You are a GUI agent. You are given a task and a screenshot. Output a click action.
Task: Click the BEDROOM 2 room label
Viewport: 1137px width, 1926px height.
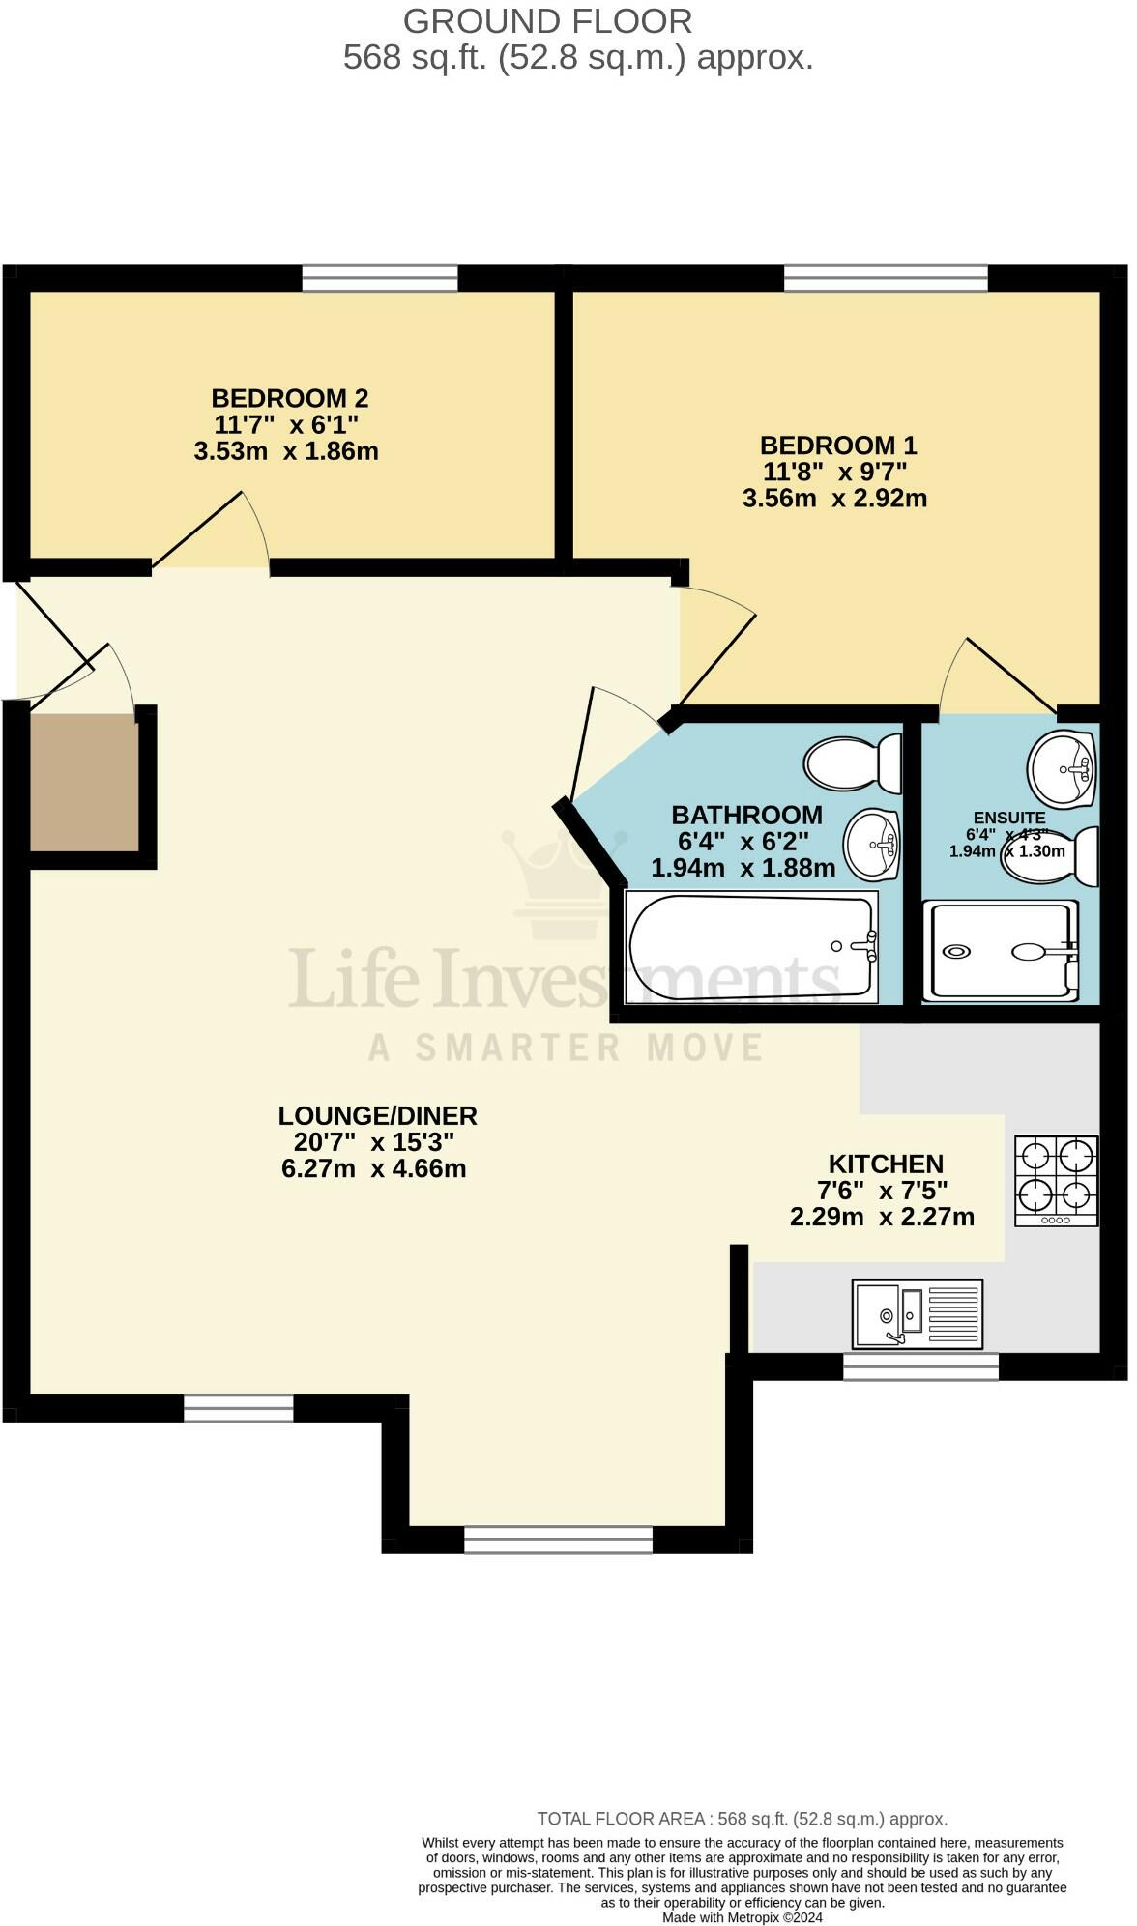click(289, 398)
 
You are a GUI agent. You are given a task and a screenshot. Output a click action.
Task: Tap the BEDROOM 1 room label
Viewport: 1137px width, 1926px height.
click(837, 446)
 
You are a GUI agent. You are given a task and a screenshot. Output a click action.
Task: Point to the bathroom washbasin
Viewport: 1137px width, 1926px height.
click(871, 846)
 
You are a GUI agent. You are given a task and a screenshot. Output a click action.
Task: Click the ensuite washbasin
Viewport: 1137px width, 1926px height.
click(1061, 768)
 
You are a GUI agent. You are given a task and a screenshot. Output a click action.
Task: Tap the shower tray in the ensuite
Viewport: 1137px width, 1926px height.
click(1000, 951)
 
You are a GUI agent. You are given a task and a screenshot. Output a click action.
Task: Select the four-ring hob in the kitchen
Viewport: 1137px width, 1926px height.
click(1056, 1180)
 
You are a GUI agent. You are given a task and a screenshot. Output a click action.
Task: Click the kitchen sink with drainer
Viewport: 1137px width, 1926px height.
click(917, 1313)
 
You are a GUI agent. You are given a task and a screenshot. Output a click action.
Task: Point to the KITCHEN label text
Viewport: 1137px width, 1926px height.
click(885, 1164)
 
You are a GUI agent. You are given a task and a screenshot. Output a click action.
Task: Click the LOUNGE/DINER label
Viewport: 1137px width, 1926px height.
click(377, 1115)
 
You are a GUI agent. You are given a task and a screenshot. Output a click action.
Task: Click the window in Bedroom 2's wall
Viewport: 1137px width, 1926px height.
click(379, 278)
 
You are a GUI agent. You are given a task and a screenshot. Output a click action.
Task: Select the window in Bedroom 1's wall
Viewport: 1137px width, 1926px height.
click(886, 278)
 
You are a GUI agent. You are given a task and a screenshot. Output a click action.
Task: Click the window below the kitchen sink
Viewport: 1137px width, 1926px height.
click(919, 1365)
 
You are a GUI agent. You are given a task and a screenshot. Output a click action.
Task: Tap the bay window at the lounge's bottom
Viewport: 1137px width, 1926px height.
click(558, 1538)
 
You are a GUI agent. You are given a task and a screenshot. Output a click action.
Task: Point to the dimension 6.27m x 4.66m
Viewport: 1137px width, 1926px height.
click(373, 1168)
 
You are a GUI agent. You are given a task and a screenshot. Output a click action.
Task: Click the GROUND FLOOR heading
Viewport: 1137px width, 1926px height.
click(547, 21)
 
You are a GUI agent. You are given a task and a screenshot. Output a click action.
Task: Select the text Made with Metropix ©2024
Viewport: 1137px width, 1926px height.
click(742, 1916)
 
